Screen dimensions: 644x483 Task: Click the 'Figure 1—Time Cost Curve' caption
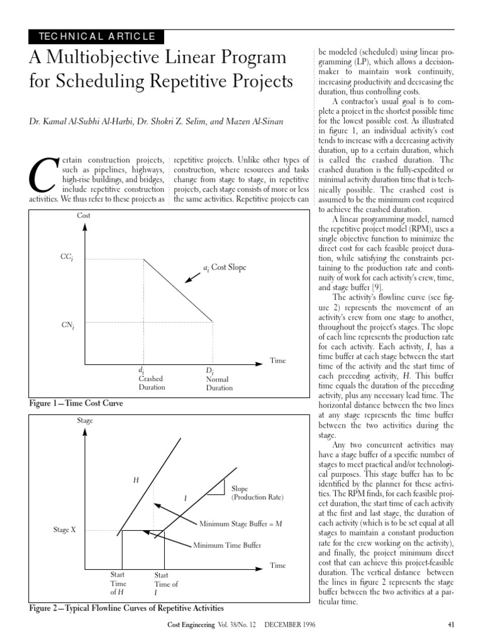click(x=75, y=403)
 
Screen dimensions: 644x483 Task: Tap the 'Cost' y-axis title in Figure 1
click(x=84, y=216)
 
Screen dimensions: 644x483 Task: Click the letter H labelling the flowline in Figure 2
click(x=135, y=480)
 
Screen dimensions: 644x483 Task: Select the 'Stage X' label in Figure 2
click(x=65, y=530)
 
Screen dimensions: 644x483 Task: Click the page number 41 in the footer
click(x=450, y=625)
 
